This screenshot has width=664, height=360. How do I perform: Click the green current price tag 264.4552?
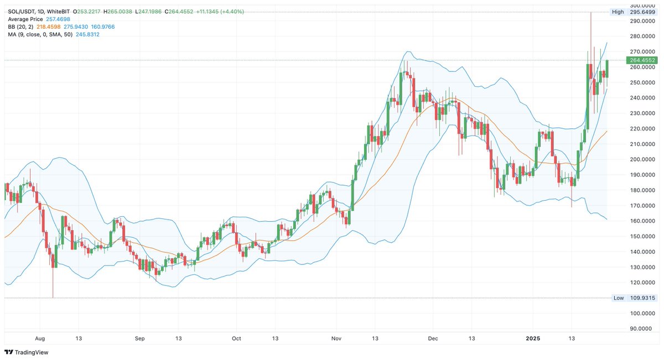(642, 60)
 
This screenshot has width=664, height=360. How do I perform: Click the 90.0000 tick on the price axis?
(642, 328)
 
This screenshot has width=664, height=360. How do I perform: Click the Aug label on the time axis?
(40, 338)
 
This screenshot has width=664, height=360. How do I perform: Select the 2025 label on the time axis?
(533, 338)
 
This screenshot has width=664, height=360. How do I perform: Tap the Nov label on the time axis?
(335, 338)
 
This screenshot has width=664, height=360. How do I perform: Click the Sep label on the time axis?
(139, 338)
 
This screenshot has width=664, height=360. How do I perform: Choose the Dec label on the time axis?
(433, 338)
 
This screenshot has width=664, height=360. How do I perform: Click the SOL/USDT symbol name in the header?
(22, 12)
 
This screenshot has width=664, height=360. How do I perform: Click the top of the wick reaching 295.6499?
(590, 13)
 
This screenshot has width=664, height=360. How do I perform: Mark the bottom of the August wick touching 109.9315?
(53, 297)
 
